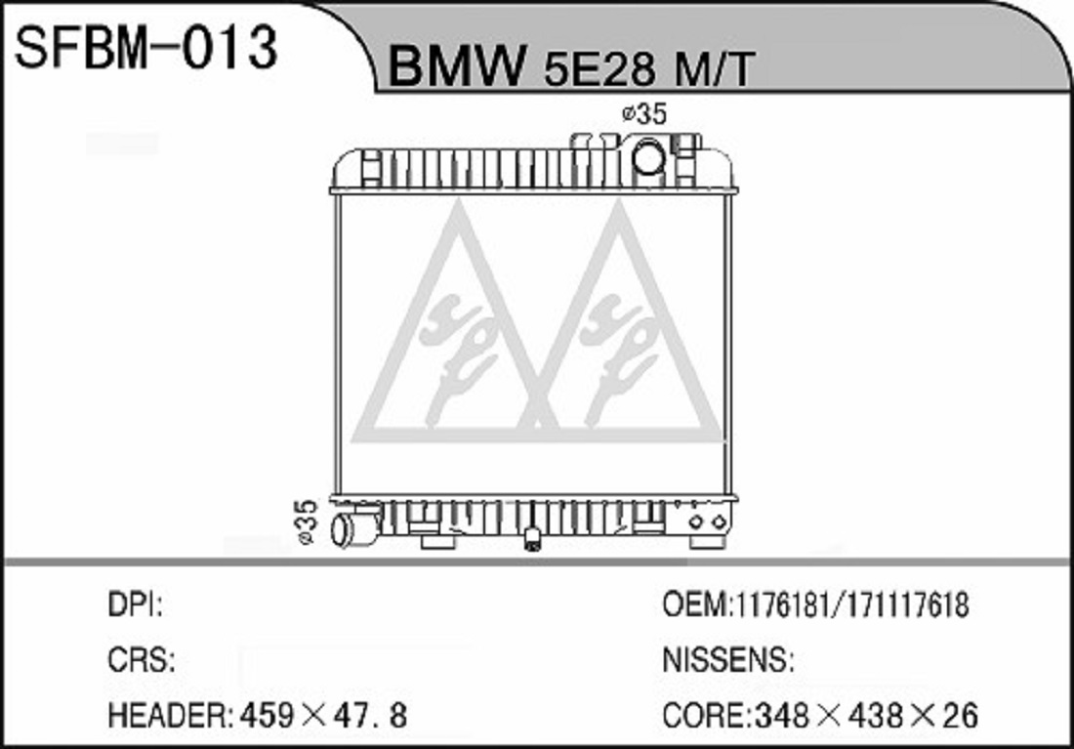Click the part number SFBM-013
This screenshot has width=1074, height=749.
click(x=145, y=47)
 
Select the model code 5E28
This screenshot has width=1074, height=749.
click(x=599, y=68)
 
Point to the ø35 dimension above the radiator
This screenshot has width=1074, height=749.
click(x=643, y=113)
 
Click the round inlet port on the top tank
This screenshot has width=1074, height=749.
click(x=648, y=157)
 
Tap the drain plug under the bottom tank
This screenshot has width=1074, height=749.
click(x=532, y=539)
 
